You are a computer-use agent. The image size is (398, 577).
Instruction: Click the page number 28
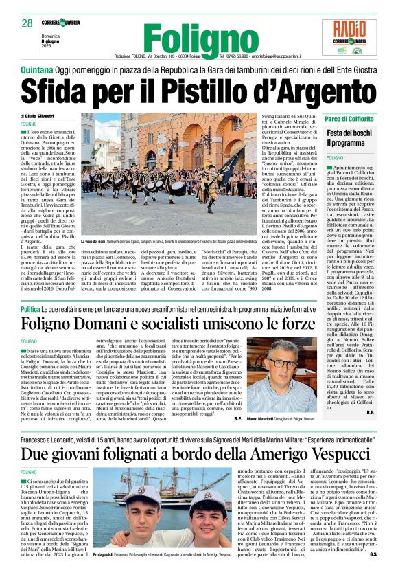tap(27, 23)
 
